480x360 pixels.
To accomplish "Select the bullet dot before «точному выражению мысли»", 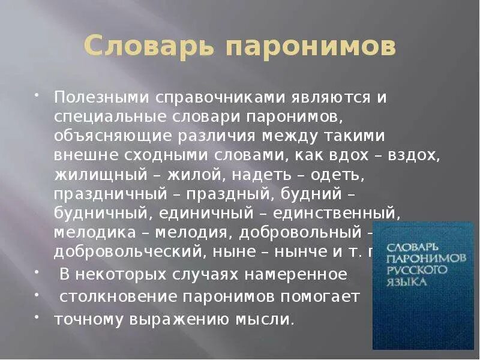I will click(37, 316).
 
